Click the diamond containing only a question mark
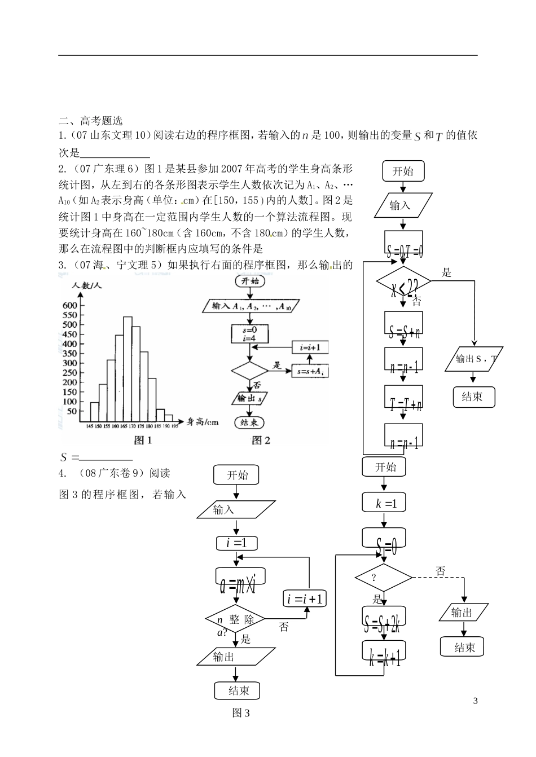[x=384, y=578]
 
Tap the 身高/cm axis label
[x=203, y=421]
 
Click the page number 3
[x=475, y=701]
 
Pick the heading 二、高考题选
[x=91, y=121]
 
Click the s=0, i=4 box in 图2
[x=250, y=334]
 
